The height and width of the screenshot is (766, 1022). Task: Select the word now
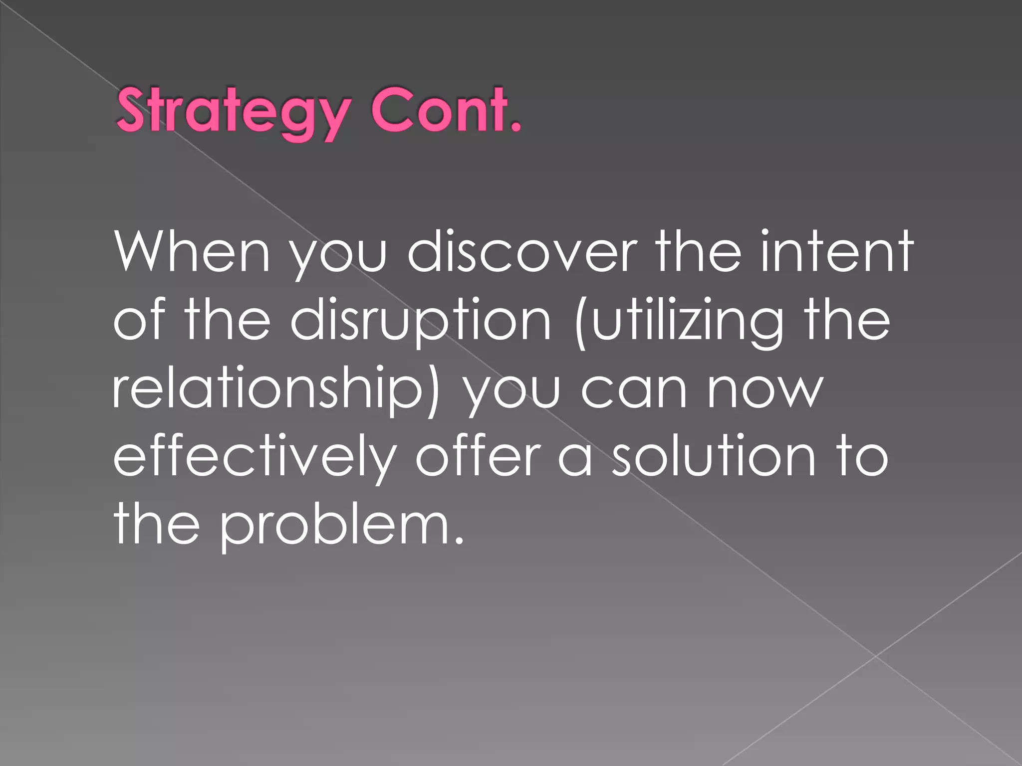coord(764,389)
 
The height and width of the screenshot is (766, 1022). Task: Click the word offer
coord(478,456)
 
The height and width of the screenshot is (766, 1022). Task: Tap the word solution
coord(714,456)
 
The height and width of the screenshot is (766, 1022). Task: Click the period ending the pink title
coord(515,128)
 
